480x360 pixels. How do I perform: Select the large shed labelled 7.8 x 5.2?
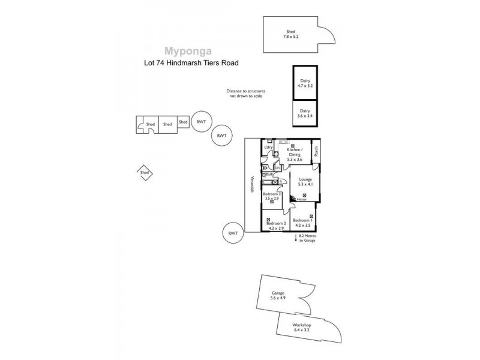(x=290, y=35)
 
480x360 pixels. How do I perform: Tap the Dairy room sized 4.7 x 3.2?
(x=305, y=83)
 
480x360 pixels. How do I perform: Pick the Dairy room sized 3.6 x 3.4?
(x=305, y=113)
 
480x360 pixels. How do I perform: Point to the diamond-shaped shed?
(x=144, y=173)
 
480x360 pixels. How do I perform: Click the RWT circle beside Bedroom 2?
(x=233, y=233)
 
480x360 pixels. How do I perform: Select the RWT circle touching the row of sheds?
(x=201, y=122)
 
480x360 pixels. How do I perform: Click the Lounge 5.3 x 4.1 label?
(x=305, y=182)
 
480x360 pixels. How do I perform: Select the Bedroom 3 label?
(x=272, y=196)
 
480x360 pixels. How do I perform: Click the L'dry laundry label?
(x=268, y=147)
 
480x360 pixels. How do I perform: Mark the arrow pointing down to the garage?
(x=295, y=239)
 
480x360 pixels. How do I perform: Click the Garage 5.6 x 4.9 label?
(x=277, y=295)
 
